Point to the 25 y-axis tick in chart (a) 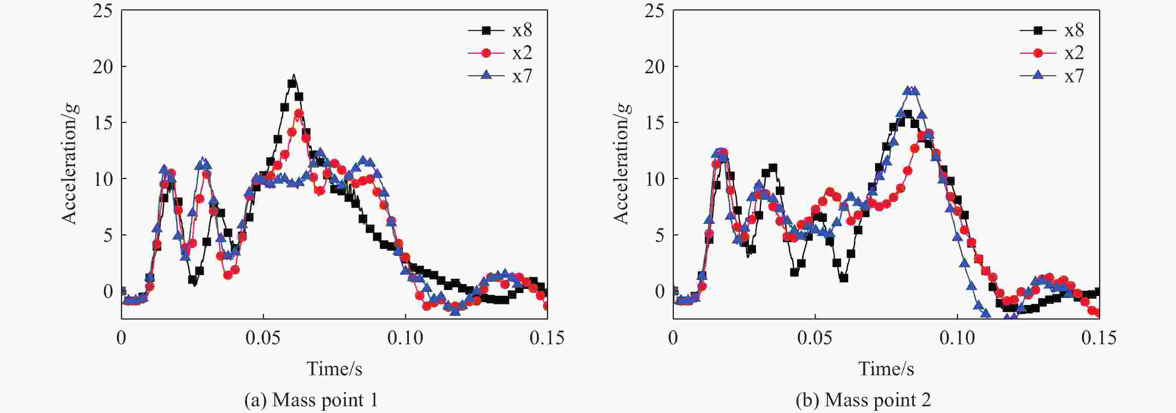click(102, 10)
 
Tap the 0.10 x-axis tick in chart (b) click(957, 338)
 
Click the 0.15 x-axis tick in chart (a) click(547, 338)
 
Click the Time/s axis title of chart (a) click(334, 369)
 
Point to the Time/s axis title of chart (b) click(886, 369)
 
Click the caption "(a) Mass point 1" click(311, 400)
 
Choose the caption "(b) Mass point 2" click(863, 400)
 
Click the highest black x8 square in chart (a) click(292, 84)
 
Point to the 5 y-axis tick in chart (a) click(108, 235)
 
